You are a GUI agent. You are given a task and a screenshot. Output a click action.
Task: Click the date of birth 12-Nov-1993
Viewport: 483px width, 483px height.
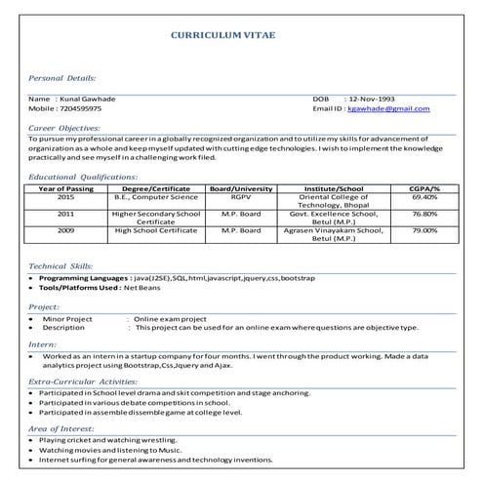[x=377, y=100]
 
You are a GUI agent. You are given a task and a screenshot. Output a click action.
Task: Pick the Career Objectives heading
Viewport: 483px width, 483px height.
[x=65, y=128]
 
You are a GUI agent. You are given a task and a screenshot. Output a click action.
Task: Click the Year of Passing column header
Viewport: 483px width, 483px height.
[x=66, y=187]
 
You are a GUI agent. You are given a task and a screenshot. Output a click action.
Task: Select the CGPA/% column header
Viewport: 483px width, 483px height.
[x=424, y=187]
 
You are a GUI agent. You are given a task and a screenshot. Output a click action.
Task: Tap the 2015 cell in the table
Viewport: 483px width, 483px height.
[x=66, y=196]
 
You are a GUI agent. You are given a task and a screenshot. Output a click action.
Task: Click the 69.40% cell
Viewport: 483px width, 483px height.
[x=424, y=196]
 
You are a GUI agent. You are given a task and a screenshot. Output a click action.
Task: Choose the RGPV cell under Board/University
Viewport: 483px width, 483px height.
[x=241, y=196]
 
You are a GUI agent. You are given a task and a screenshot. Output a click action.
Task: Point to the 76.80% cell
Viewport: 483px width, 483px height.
[x=424, y=213]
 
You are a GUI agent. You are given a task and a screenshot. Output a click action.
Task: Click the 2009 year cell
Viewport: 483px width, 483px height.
[x=66, y=229]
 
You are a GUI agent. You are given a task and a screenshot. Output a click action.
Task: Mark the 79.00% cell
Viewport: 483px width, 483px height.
[x=424, y=229]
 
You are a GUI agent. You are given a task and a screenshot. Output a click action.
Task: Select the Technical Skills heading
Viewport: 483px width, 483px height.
[x=60, y=265]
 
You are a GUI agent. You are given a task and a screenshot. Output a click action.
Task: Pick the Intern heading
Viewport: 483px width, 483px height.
[x=42, y=344]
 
